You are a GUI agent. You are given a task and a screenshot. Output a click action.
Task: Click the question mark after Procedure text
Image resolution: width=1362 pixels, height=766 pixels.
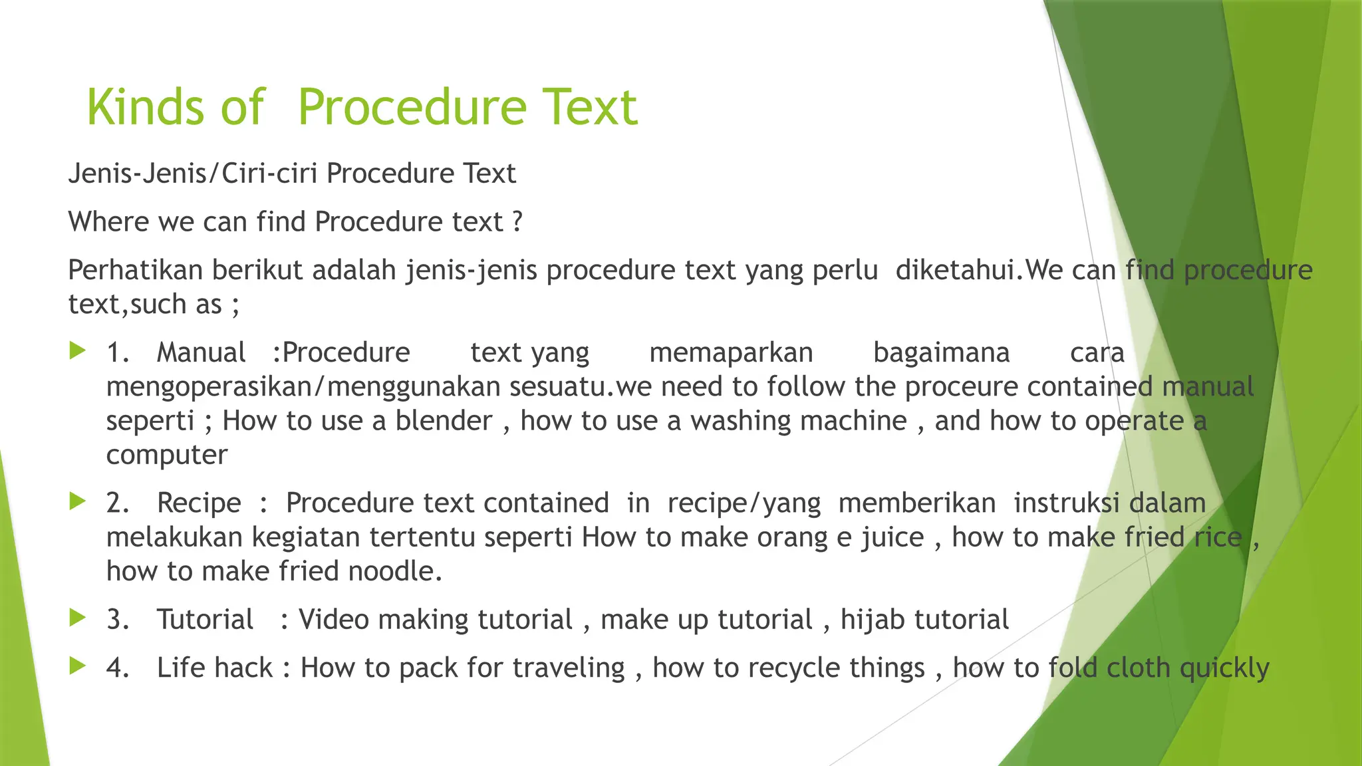coord(518,221)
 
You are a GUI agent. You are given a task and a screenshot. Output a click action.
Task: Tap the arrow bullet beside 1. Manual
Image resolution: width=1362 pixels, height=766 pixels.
coord(78,350)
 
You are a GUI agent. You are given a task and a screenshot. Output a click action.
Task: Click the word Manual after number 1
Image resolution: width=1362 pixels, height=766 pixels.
coord(201,352)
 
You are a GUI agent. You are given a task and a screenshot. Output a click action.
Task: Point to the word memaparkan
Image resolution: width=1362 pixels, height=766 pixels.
coord(731,352)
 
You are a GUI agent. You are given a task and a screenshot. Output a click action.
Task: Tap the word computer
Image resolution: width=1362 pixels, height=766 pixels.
coord(166,455)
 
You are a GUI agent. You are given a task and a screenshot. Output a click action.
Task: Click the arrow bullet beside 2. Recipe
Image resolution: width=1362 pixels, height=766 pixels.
coord(78,501)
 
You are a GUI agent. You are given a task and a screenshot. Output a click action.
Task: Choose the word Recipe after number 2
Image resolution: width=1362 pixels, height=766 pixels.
coord(199,503)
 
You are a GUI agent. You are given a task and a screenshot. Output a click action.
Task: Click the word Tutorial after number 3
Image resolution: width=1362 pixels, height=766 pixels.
coord(205,620)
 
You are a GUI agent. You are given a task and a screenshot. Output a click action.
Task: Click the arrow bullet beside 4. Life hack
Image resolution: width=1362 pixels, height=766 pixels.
coord(78,666)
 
